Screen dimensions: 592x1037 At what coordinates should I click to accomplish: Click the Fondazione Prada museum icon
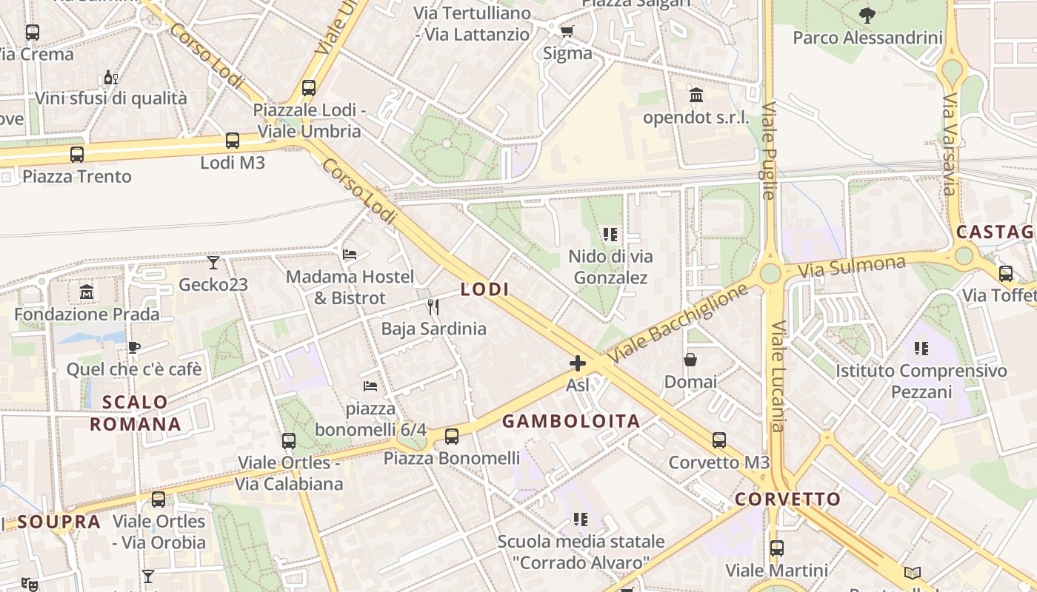click(x=87, y=292)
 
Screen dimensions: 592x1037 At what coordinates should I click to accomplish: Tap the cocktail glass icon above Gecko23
click(x=213, y=262)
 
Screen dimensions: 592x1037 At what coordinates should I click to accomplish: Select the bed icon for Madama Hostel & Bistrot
click(x=350, y=255)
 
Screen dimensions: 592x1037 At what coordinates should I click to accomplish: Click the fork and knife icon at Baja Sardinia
click(x=433, y=306)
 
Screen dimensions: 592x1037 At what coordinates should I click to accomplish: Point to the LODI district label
click(x=485, y=289)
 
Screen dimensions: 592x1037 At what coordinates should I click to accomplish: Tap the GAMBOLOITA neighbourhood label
click(x=571, y=421)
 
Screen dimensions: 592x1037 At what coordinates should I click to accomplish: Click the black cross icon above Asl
click(x=577, y=363)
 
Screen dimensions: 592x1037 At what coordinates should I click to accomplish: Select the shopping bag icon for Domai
click(x=690, y=360)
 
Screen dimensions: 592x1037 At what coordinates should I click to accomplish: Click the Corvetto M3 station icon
click(x=718, y=440)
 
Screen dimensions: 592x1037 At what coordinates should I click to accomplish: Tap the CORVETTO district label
click(x=788, y=499)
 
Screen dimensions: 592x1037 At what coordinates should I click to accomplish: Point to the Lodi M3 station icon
click(x=232, y=140)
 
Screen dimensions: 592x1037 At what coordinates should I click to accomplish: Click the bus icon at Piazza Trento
click(x=76, y=154)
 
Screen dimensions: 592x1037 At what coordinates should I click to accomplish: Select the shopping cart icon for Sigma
click(x=567, y=31)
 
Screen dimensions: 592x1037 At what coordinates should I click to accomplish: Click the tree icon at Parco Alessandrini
click(x=867, y=14)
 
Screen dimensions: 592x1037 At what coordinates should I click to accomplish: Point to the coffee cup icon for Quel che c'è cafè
click(x=134, y=346)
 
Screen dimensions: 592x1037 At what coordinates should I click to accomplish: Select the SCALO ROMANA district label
click(x=136, y=413)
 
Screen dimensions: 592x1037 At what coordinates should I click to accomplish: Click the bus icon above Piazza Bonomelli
click(x=452, y=436)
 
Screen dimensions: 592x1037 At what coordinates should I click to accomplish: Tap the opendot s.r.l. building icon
click(x=696, y=95)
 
